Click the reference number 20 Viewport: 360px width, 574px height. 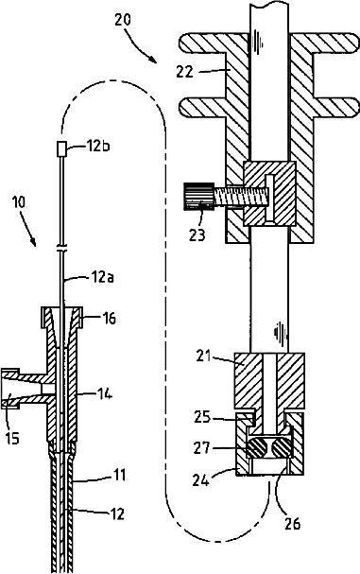tap(123, 20)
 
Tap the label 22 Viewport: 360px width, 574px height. tap(184, 71)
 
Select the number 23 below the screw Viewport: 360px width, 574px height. tap(197, 235)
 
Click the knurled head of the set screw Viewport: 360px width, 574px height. tap(198, 197)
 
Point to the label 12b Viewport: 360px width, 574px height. tap(98, 146)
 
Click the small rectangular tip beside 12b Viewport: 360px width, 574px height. tap(61, 149)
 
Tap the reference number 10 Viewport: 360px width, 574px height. tap(19, 202)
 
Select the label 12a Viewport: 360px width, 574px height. tap(102, 277)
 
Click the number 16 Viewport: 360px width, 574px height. tap(109, 318)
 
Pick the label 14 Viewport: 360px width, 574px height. tap(104, 394)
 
